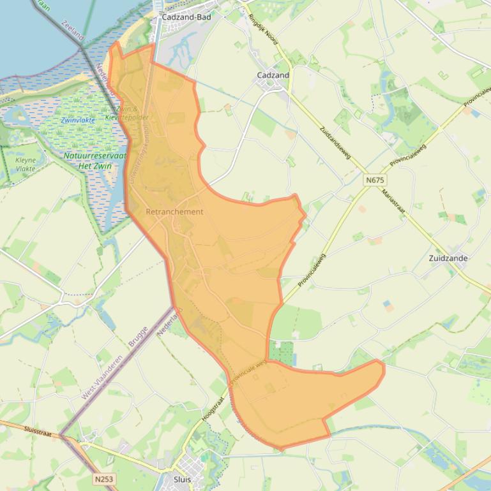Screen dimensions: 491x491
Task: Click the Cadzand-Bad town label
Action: (x=186, y=17)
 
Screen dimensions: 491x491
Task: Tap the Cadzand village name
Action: (x=273, y=75)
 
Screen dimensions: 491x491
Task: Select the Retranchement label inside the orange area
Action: (x=174, y=212)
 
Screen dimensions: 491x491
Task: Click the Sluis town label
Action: (x=182, y=478)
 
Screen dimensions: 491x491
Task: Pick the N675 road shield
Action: (x=376, y=180)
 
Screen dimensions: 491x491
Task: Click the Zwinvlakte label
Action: (x=78, y=120)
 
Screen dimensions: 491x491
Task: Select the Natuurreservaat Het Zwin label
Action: (x=95, y=161)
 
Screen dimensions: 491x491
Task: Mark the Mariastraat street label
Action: (x=393, y=205)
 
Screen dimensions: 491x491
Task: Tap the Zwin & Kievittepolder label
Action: (x=130, y=114)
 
